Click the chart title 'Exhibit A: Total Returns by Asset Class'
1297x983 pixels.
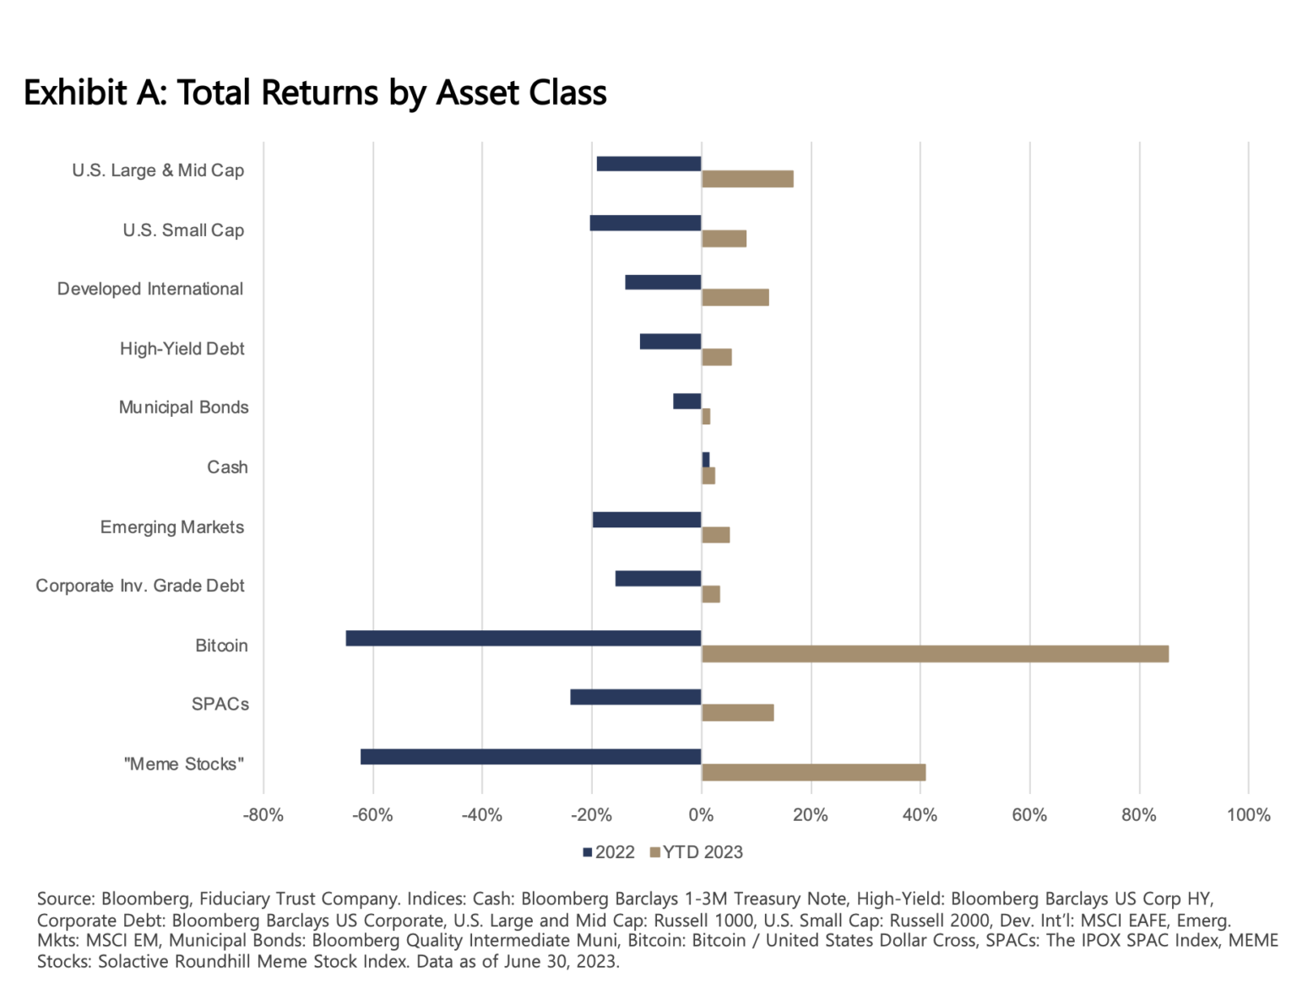(x=315, y=93)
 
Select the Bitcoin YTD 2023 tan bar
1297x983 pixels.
(x=935, y=654)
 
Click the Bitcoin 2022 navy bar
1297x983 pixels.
(x=524, y=638)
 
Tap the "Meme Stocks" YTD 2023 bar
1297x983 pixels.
(x=813, y=772)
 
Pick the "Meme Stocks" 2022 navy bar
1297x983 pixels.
(x=530, y=757)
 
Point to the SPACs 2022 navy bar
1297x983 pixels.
(x=635, y=697)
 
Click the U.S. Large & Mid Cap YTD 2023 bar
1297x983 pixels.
(x=747, y=179)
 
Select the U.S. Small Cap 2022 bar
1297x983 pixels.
(x=645, y=223)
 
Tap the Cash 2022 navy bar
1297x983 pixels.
(x=706, y=460)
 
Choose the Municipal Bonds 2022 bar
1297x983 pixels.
(x=686, y=401)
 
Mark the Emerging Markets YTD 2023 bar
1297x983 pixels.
(x=715, y=535)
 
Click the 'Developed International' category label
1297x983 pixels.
(x=150, y=289)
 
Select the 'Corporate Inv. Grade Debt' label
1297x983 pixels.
(x=140, y=586)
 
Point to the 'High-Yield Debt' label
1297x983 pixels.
(x=182, y=348)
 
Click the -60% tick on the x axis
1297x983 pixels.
(x=372, y=815)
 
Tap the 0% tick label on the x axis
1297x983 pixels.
(x=701, y=815)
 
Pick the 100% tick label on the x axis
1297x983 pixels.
(x=1248, y=815)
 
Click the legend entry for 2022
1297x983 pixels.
(x=609, y=852)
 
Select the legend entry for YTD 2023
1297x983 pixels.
(x=697, y=852)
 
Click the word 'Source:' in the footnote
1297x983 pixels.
(x=66, y=899)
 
